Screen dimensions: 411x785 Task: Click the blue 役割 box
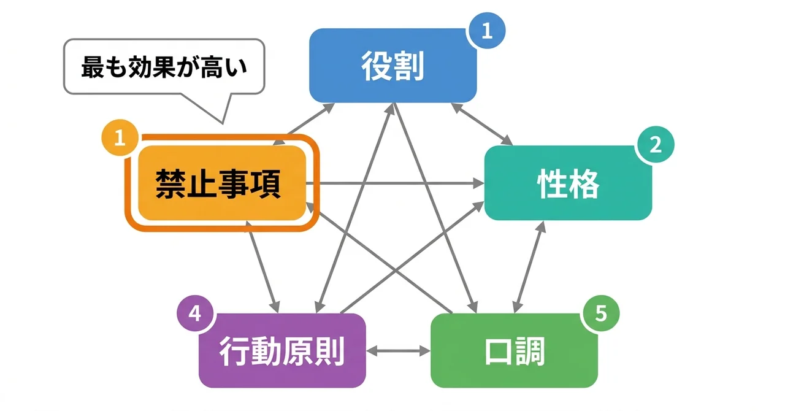pyautogui.click(x=392, y=66)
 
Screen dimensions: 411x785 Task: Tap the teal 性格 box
pyautogui.click(x=568, y=183)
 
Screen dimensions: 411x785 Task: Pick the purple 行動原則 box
pyautogui.click(x=282, y=351)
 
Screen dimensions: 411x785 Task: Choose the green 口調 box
pyautogui.click(x=514, y=351)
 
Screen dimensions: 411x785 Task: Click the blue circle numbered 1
pyautogui.click(x=486, y=30)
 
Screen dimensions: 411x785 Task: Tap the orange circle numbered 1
pyautogui.click(x=120, y=138)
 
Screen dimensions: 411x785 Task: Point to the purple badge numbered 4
pyautogui.click(x=194, y=314)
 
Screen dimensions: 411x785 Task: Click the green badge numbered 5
pyautogui.click(x=600, y=314)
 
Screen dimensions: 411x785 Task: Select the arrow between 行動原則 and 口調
pyautogui.click(x=399, y=351)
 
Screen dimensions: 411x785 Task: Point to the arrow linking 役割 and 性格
pyautogui.click(x=482, y=125)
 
